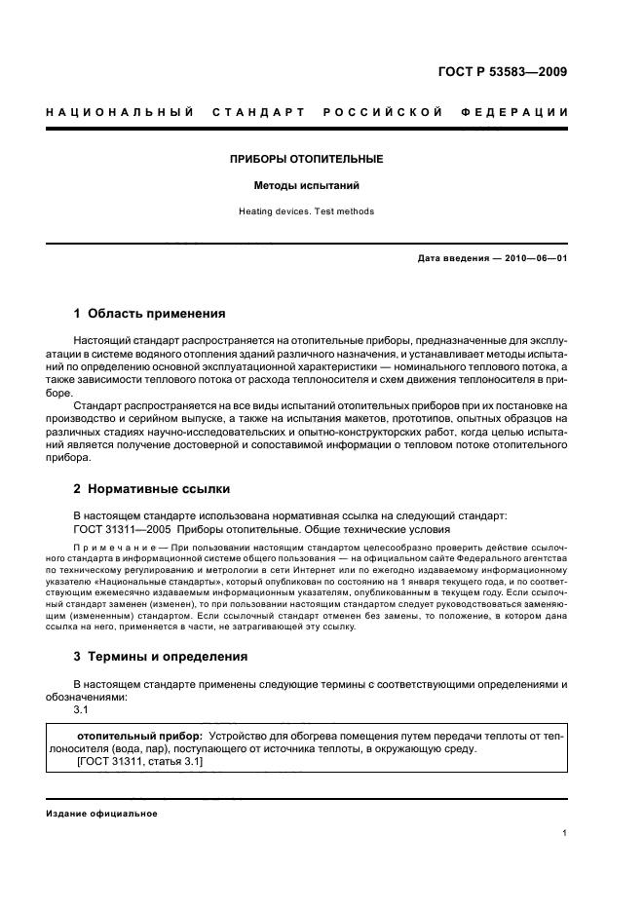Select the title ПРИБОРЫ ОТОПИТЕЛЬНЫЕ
306,159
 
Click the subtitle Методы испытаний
306,185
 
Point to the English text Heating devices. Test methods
306,211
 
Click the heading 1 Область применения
150,314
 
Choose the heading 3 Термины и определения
161,657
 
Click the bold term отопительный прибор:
139,736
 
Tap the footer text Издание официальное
101,813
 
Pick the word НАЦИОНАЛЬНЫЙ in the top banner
115,112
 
